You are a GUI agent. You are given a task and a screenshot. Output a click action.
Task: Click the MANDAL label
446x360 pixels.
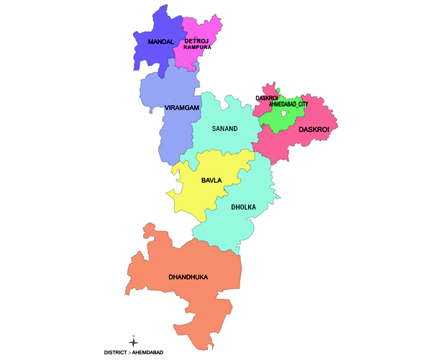tap(160, 42)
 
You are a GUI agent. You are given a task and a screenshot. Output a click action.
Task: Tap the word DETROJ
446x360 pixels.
tap(196, 41)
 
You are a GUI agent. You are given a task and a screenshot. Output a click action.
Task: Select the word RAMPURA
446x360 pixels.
tap(196, 48)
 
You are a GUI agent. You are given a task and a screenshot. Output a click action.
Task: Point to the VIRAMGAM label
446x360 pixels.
tap(181, 107)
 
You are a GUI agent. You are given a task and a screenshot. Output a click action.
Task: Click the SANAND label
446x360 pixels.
tap(224, 129)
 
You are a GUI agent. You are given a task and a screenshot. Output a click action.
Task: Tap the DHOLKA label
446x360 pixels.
tap(243, 207)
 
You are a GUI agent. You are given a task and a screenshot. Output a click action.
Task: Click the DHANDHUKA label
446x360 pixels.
tap(189, 276)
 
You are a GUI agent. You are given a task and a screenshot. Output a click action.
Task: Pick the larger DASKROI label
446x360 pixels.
tap(313, 130)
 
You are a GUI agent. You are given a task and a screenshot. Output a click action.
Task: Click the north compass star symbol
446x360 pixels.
tap(133, 341)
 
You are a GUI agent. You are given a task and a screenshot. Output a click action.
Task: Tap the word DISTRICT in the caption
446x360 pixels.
tap(117, 352)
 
